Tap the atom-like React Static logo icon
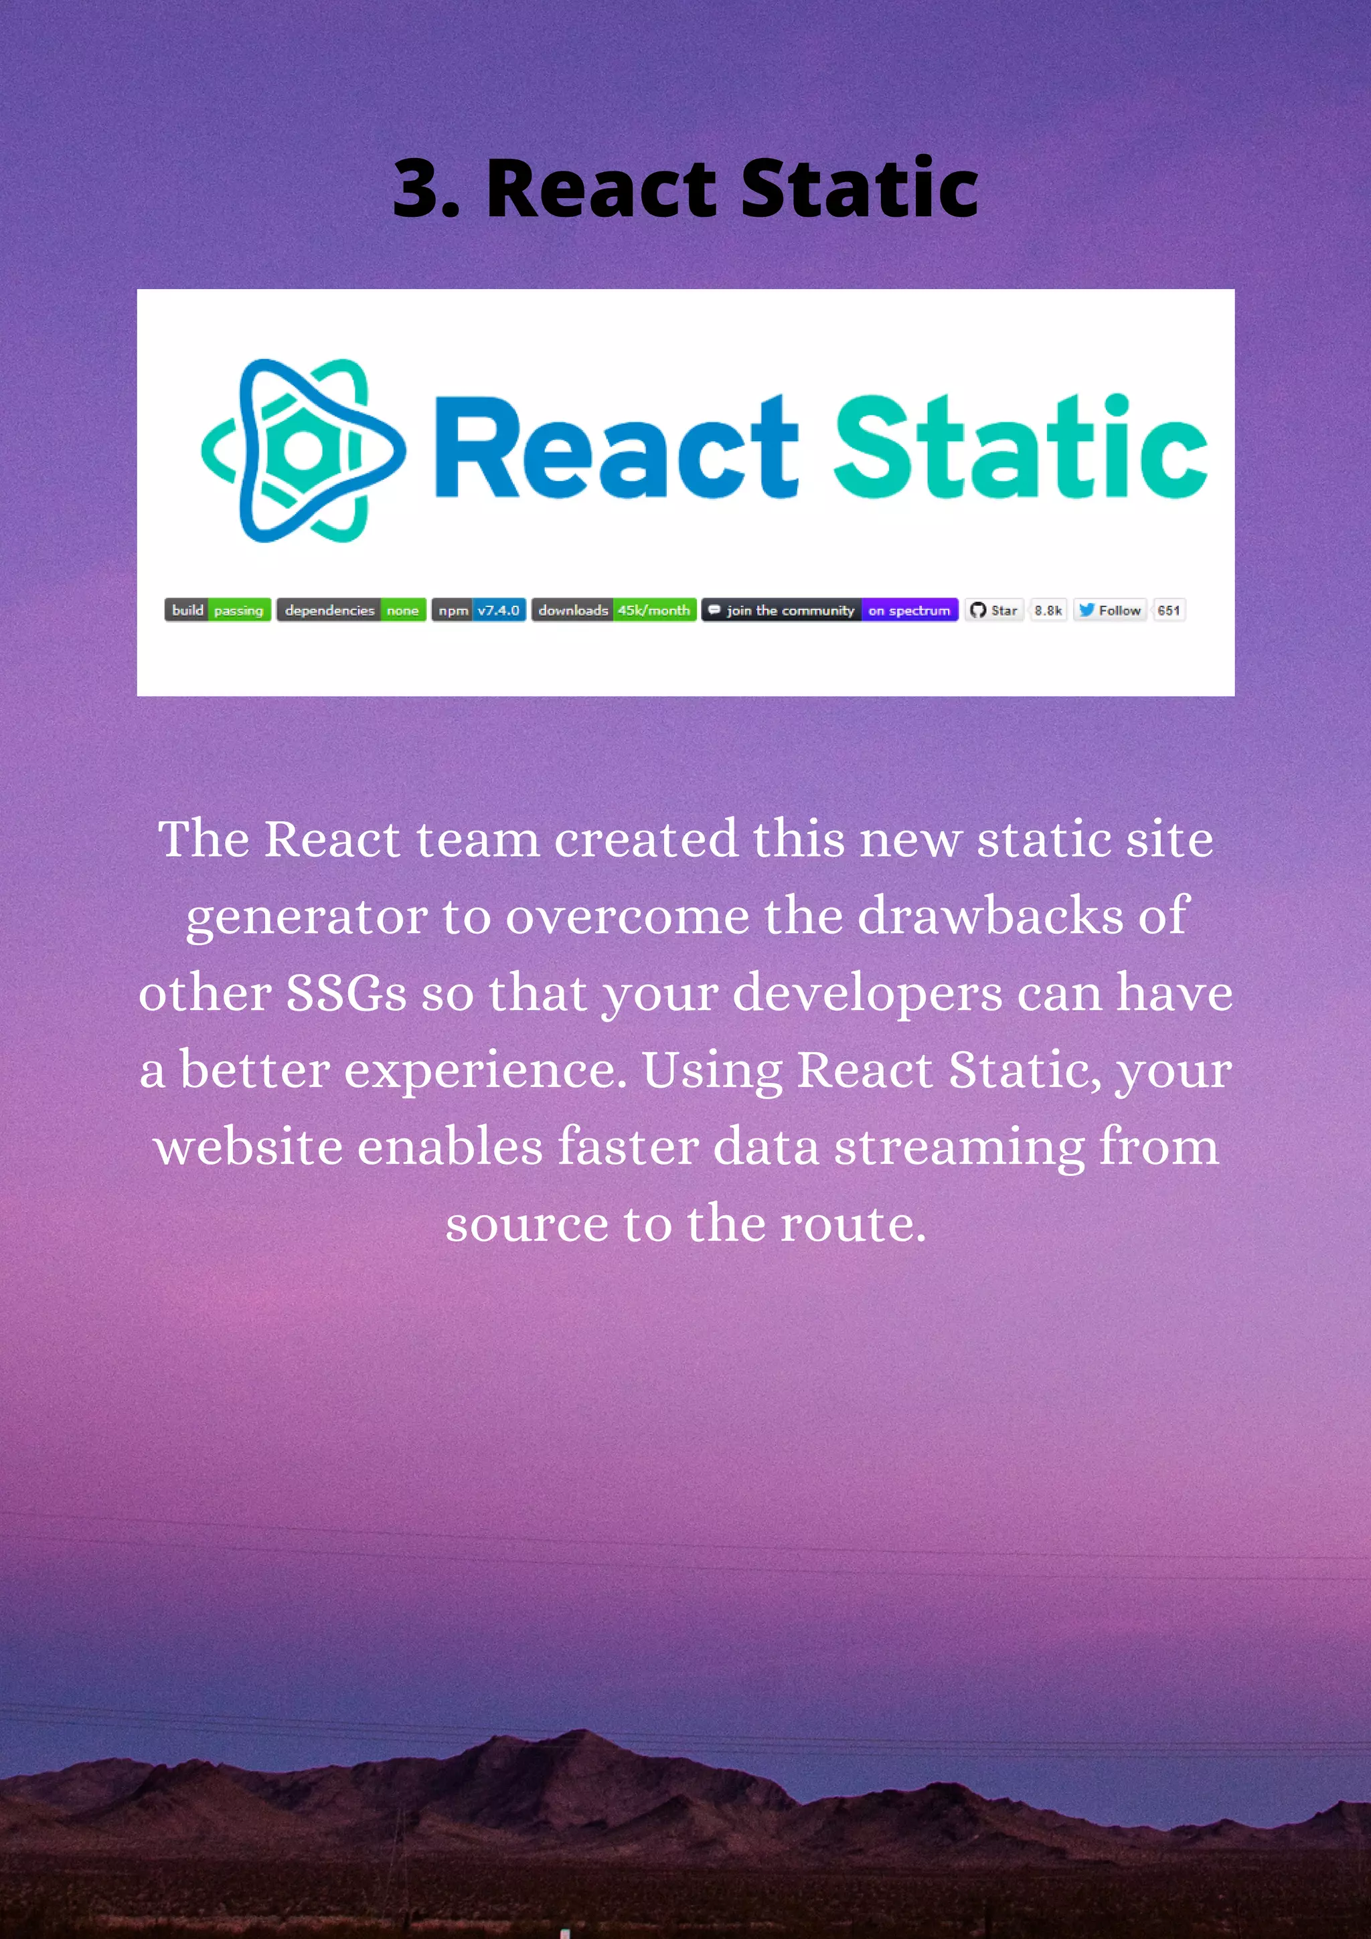[x=303, y=450]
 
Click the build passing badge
[x=217, y=610]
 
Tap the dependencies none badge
[x=351, y=610]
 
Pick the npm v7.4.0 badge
[x=479, y=610]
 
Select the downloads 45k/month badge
[x=614, y=610]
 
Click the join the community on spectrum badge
[x=829, y=610]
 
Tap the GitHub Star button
[x=994, y=610]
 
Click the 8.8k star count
[x=1048, y=610]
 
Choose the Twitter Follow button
[x=1110, y=610]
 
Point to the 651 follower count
[x=1169, y=610]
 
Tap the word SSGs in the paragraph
[x=346, y=993]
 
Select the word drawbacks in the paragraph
[x=990, y=916]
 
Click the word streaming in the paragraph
[x=959, y=1149]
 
